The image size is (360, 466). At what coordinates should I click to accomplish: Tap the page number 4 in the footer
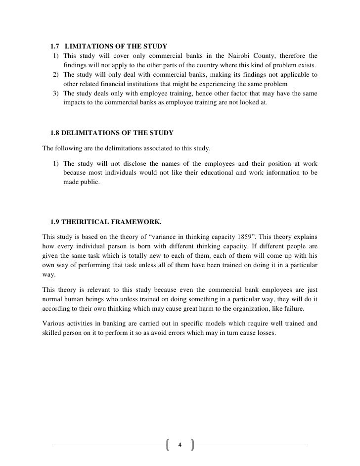tap(180, 444)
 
